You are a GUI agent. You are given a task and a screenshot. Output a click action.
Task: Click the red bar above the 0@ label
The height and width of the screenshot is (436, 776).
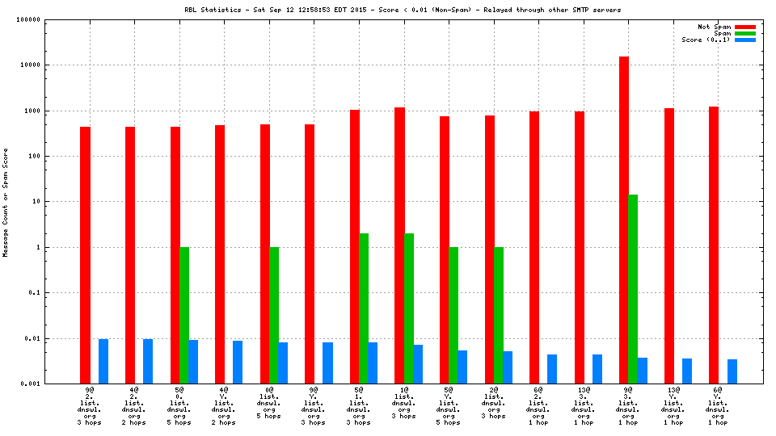coord(265,254)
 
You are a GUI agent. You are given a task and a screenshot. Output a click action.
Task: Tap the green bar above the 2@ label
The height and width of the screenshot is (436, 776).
coord(499,315)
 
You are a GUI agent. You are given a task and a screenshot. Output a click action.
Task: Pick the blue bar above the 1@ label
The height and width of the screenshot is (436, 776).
coord(418,364)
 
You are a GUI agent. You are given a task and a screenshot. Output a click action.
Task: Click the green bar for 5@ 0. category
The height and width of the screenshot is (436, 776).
coord(184,315)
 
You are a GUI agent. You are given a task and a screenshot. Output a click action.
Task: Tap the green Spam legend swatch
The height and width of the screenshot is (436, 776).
coord(744,33)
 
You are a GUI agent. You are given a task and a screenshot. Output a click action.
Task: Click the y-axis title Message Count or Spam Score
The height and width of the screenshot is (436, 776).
coord(6,202)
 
